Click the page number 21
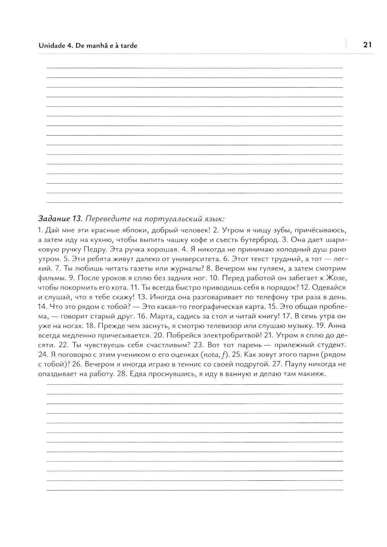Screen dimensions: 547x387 coord(367,45)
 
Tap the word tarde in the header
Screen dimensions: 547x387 coord(128,45)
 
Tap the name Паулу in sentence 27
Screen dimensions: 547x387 coord(296,364)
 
